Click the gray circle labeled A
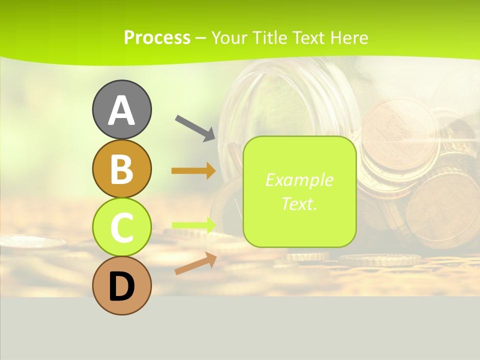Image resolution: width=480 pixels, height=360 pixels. coord(121,109)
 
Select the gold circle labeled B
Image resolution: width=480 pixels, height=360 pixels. coord(121,168)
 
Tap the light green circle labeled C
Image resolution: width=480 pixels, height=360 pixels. coord(121,227)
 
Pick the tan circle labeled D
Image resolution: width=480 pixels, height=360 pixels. coord(121,285)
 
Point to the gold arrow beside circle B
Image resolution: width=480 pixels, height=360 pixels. coord(193,171)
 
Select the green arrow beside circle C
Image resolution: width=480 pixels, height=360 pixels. coord(193,225)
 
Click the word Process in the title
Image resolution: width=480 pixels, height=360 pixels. coord(157,38)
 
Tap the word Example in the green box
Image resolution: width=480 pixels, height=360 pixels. coord(299,180)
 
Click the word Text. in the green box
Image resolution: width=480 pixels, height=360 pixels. coord(299,203)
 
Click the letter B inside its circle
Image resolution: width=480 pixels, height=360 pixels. coord(121,169)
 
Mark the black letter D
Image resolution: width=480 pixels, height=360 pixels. coord(121,286)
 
